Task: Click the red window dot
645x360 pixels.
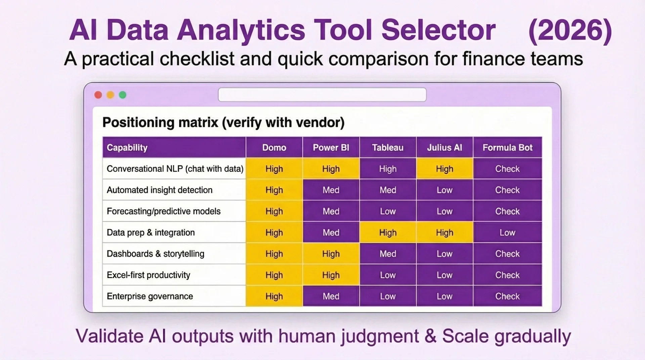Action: tap(98, 95)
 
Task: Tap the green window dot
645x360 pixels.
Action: tap(123, 95)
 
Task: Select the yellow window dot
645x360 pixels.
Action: tap(110, 95)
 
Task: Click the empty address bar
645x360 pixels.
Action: tap(322, 95)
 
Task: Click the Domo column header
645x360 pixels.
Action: tap(274, 147)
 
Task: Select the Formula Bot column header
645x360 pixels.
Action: tap(507, 147)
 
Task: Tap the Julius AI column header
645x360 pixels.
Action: tap(444, 147)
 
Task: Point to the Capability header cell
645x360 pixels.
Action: tap(127, 147)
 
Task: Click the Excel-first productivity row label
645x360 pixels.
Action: tap(148, 275)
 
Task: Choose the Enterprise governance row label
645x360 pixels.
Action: tap(150, 296)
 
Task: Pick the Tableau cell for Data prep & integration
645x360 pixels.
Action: tap(388, 232)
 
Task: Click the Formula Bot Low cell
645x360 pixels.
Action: tap(507, 232)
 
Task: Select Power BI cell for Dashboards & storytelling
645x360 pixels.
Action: tap(331, 254)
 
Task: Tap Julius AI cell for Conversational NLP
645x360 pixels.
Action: tap(444, 169)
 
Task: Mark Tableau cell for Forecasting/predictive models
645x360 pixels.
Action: tap(388, 211)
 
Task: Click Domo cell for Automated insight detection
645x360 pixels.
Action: tap(274, 190)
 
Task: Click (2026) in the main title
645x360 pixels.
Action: tap(570, 30)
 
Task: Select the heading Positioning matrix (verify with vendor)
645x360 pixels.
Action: tap(223, 122)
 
